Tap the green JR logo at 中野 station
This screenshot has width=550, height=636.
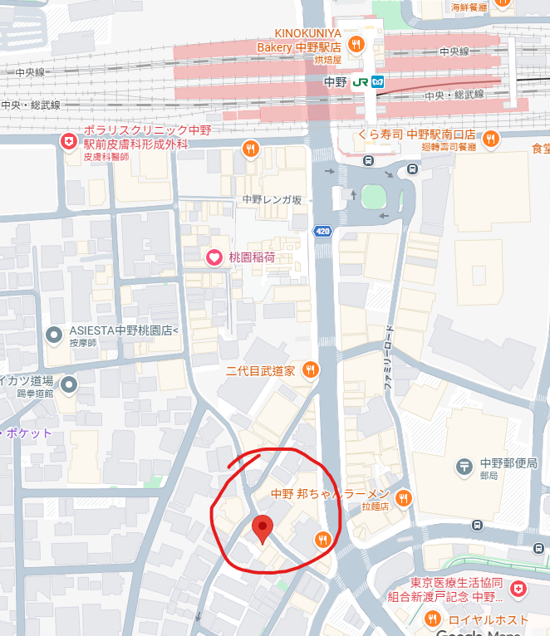point(360,83)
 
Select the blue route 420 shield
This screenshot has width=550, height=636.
point(322,231)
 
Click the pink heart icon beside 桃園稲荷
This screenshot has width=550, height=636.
point(214,257)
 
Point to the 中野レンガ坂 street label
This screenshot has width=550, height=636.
point(272,199)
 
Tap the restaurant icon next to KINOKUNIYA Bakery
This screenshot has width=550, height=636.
point(356,44)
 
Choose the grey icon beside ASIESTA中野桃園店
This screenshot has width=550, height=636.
point(55,335)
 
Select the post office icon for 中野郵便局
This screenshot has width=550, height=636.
point(464,467)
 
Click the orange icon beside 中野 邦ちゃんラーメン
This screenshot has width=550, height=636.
point(403,498)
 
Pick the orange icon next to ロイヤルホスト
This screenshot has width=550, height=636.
point(432,619)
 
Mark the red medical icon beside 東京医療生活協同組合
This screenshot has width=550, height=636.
point(519,589)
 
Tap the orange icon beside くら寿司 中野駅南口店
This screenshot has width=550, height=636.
point(490,138)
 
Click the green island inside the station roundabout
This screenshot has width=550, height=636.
point(373,198)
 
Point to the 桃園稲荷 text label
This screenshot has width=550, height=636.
point(252,257)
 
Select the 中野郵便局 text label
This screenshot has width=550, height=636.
point(508,463)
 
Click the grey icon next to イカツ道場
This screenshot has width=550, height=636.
point(68,384)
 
